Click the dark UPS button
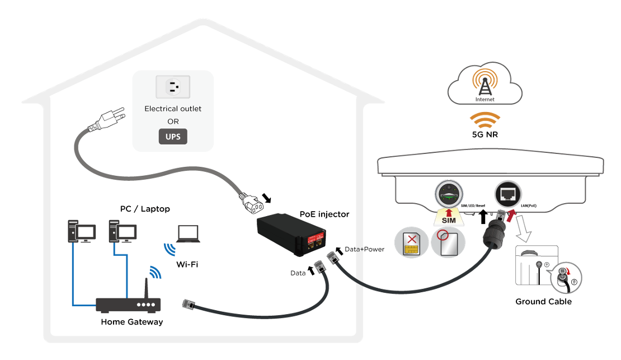point(173,137)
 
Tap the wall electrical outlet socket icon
point(173,87)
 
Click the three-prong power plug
point(107,120)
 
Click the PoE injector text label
point(324,214)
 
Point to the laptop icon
point(188,233)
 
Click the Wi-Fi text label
point(187,264)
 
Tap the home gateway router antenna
point(146,288)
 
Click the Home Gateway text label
point(132,322)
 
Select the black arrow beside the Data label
point(311,270)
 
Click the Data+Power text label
point(364,249)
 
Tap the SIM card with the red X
point(411,243)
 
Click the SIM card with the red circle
point(448,242)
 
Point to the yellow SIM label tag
point(449,218)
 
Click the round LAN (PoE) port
point(508,194)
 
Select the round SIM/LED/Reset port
point(449,194)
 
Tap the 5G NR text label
point(484,134)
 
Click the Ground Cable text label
point(543,302)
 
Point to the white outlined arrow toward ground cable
point(523,228)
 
